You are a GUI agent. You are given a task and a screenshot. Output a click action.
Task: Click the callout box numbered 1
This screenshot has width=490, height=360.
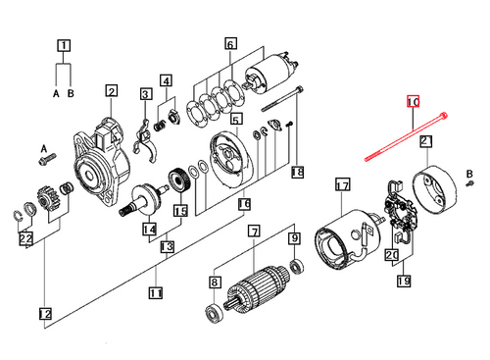point(64,45)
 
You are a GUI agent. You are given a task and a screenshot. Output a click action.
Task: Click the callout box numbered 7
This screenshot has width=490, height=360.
point(253,232)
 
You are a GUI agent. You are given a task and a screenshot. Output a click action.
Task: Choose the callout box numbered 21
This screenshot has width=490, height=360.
point(426,142)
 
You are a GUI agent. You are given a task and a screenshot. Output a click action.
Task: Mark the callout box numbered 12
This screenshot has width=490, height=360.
point(44,314)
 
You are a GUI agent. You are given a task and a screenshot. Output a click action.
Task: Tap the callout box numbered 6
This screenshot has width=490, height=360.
point(231,44)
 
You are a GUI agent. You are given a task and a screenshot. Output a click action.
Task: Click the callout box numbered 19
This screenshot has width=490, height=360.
point(404,282)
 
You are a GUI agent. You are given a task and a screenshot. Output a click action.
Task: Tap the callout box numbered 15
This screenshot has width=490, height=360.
point(180,210)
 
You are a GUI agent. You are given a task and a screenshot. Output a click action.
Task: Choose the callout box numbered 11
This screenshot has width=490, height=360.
point(155,292)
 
